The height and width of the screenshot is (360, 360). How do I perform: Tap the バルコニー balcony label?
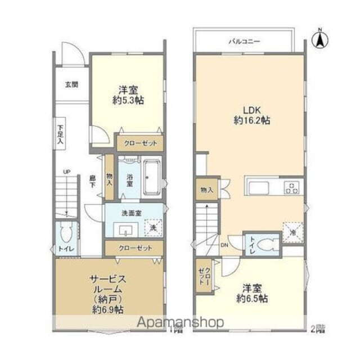point(242,42)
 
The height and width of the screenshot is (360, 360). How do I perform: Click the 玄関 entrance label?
point(71,85)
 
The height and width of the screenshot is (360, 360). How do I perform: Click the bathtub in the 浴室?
point(151,178)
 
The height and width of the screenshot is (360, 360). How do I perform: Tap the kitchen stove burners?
point(292,187)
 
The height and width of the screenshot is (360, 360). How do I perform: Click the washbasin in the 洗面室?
point(124,229)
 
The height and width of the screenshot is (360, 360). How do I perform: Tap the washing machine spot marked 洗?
point(152,228)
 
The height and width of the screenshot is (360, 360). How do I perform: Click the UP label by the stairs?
point(66,172)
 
